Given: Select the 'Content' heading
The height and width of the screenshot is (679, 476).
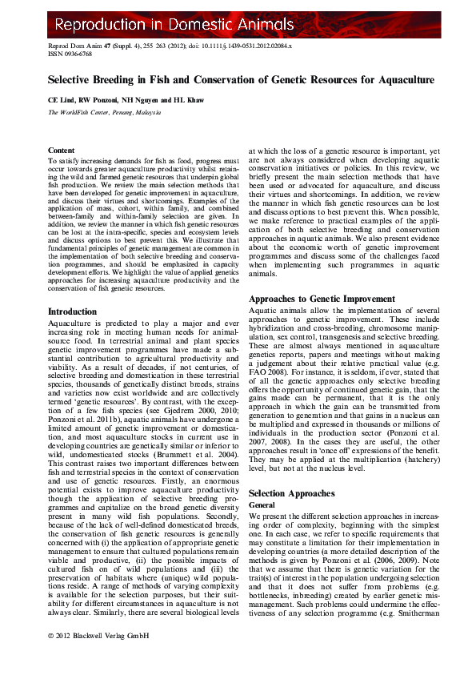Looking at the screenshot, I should (62, 151).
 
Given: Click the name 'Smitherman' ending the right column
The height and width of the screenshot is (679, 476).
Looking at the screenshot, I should (408, 622).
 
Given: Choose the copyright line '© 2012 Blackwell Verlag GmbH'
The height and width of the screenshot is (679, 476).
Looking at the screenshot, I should (98, 658).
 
